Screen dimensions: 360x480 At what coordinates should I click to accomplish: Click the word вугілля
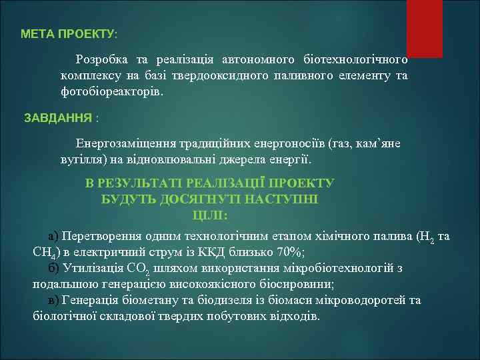pos(79,160)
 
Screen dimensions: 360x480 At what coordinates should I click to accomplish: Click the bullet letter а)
pos(54,236)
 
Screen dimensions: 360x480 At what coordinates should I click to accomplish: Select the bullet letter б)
pos(54,268)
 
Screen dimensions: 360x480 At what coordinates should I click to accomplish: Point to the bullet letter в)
pos(54,300)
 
